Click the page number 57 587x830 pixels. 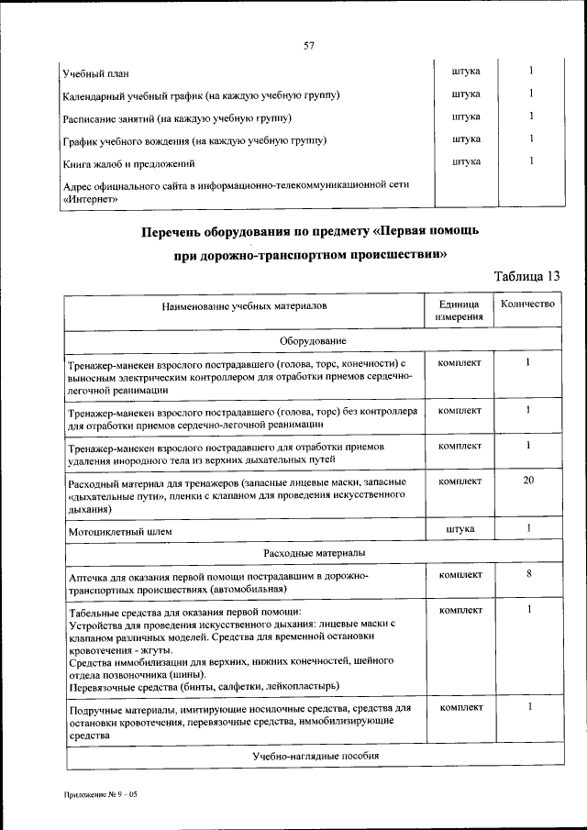tap(309, 45)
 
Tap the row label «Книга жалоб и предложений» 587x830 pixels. tap(128, 163)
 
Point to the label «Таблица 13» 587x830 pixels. tap(526, 276)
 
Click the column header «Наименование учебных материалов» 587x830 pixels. tap(244, 305)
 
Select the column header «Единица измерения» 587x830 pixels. tap(460, 311)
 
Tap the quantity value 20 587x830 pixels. tap(528, 480)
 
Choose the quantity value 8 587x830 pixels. tap(529, 574)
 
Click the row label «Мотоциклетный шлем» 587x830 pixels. tap(119, 531)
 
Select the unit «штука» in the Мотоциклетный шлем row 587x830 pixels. tap(460, 529)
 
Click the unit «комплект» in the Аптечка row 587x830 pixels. tap(460, 575)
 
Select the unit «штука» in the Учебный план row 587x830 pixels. tap(467, 71)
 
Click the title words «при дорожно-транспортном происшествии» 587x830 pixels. tap(310, 256)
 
